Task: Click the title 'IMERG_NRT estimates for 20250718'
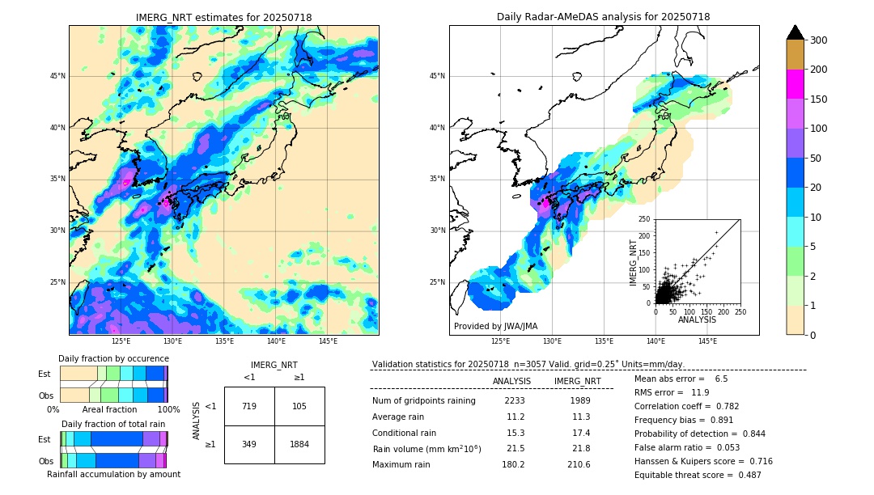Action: [223, 17]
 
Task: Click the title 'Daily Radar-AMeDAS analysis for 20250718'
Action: [604, 17]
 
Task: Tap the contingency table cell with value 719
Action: [249, 406]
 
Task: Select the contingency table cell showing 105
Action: [299, 406]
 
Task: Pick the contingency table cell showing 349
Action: [249, 444]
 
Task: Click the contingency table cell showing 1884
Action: [299, 444]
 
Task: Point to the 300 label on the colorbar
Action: [819, 40]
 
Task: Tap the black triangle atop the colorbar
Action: [796, 32]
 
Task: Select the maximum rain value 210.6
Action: [577, 465]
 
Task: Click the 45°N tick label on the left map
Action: [57, 76]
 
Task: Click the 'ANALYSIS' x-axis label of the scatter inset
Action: [697, 319]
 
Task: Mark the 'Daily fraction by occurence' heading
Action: [112, 358]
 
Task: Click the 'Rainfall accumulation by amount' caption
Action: [113, 474]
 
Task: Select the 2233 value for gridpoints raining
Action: [515, 401]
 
